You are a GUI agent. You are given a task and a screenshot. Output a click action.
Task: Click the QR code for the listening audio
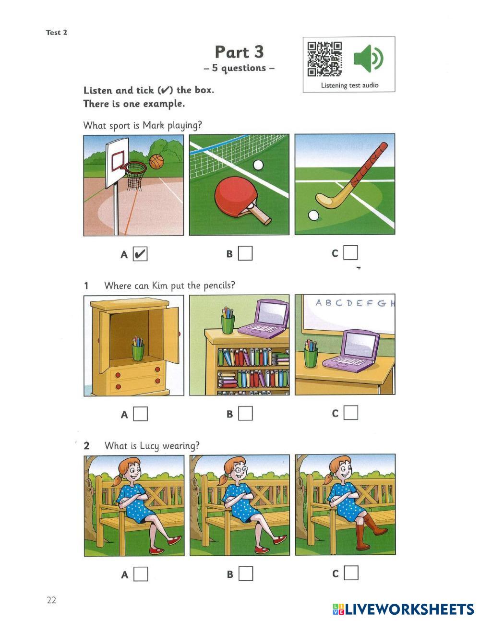click(324, 59)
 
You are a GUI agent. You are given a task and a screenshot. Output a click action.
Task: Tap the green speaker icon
click(369, 58)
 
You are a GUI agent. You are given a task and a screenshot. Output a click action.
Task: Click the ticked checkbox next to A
click(140, 254)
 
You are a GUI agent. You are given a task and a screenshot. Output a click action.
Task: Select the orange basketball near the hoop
click(156, 162)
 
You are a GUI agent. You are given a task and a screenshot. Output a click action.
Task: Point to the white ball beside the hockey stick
click(313, 215)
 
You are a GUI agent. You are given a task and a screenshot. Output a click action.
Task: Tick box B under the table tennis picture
click(245, 253)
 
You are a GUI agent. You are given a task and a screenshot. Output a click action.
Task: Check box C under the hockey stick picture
click(350, 252)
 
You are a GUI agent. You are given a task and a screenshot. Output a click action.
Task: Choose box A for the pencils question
click(141, 414)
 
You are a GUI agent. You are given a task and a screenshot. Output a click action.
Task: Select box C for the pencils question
click(351, 413)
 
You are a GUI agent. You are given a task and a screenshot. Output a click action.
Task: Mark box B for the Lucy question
click(246, 574)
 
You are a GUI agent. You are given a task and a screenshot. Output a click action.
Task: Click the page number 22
click(51, 600)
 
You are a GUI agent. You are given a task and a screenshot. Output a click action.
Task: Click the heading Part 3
click(239, 52)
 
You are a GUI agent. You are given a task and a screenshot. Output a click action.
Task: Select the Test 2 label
click(56, 32)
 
